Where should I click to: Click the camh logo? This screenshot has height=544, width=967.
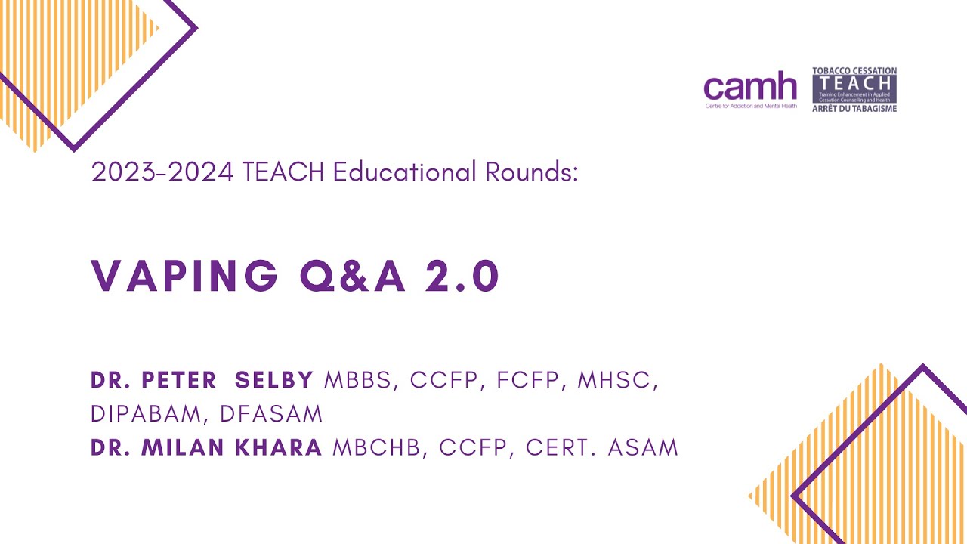coord(749,88)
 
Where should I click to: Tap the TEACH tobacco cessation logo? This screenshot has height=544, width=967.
coord(854,89)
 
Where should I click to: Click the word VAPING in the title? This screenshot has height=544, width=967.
coord(185,276)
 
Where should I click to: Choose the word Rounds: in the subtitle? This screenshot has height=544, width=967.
coord(532,172)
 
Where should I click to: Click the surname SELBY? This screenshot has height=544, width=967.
coord(274,381)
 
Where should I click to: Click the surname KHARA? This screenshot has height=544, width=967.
coord(280,447)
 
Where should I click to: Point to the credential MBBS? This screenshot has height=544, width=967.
coord(360,381)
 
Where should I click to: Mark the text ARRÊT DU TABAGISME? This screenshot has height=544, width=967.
coord(854,108)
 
